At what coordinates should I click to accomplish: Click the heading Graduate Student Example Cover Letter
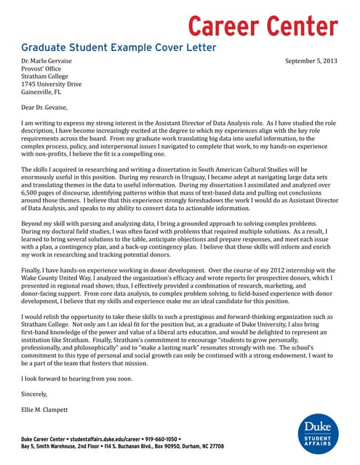[x=119, y=48]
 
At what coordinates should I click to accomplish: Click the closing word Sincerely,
[x=34, y=395]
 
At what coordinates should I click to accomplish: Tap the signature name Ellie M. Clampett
[x=47, y=411]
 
